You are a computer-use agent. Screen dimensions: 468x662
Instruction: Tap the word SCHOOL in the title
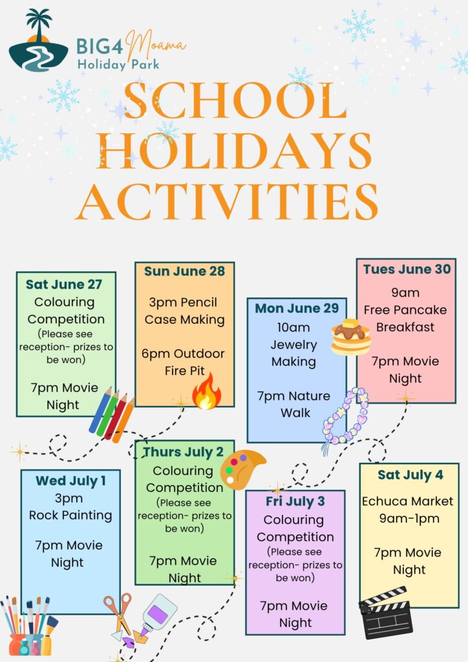235,101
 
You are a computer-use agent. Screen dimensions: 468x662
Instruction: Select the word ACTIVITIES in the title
227,202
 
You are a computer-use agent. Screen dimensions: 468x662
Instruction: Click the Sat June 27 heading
64,284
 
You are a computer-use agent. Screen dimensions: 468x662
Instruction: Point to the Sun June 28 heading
184,271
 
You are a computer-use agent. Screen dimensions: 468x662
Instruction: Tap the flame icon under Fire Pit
206,391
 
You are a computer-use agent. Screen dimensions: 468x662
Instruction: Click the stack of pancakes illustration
351,337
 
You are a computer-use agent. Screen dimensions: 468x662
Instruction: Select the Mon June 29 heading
297,308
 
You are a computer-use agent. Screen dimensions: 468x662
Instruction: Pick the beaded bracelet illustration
345,419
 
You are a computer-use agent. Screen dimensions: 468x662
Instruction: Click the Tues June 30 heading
407,269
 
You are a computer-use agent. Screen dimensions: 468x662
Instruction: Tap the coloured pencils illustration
111,414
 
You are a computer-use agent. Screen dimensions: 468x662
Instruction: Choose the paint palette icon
242,469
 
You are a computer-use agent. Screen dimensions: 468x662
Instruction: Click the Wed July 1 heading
70,481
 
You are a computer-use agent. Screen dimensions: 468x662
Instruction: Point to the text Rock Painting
70,515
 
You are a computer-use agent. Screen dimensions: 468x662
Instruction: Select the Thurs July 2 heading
183,452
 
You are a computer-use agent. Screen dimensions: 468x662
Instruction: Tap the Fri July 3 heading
295,502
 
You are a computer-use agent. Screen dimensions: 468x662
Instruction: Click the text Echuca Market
407,501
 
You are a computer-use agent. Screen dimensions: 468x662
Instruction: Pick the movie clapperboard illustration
385,612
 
